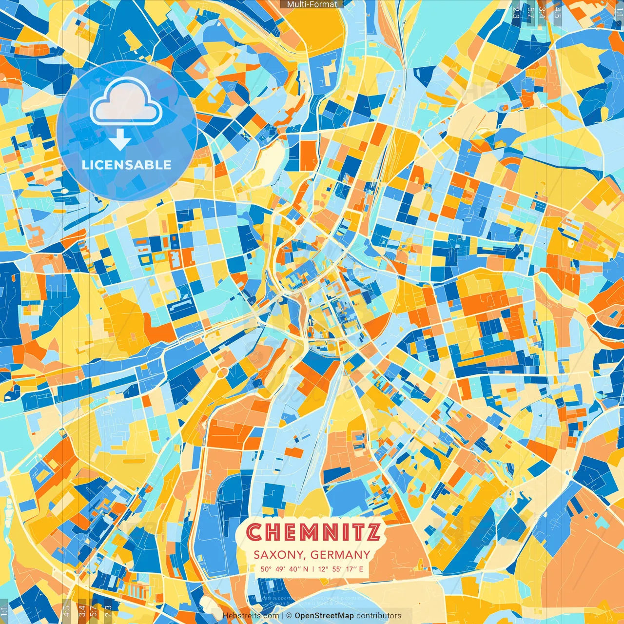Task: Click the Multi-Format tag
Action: (312, 4)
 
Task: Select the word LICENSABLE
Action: (127, 165)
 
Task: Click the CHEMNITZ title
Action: (313, 532)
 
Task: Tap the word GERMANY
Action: (340, 555)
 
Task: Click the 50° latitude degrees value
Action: (266, 569)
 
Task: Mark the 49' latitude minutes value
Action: (280, 569)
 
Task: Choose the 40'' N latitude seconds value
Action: (299, 569)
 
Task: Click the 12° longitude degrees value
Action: (323, 569)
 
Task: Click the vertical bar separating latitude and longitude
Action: (312, 569)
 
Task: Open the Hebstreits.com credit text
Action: (251, 616)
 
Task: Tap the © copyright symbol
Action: (289, 616)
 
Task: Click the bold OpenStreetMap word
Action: (324, 616)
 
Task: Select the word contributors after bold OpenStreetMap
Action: (379, 616)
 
